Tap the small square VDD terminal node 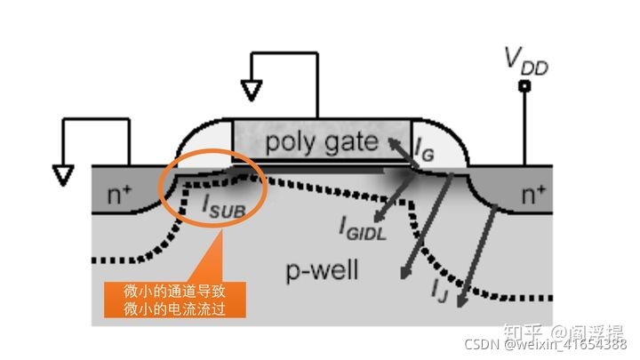pyautogui.click(x=524, y=86)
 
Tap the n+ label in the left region pyautogui.click(x=118, y=193)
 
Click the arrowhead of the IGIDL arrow pyautogui.click(x=377, y=217)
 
